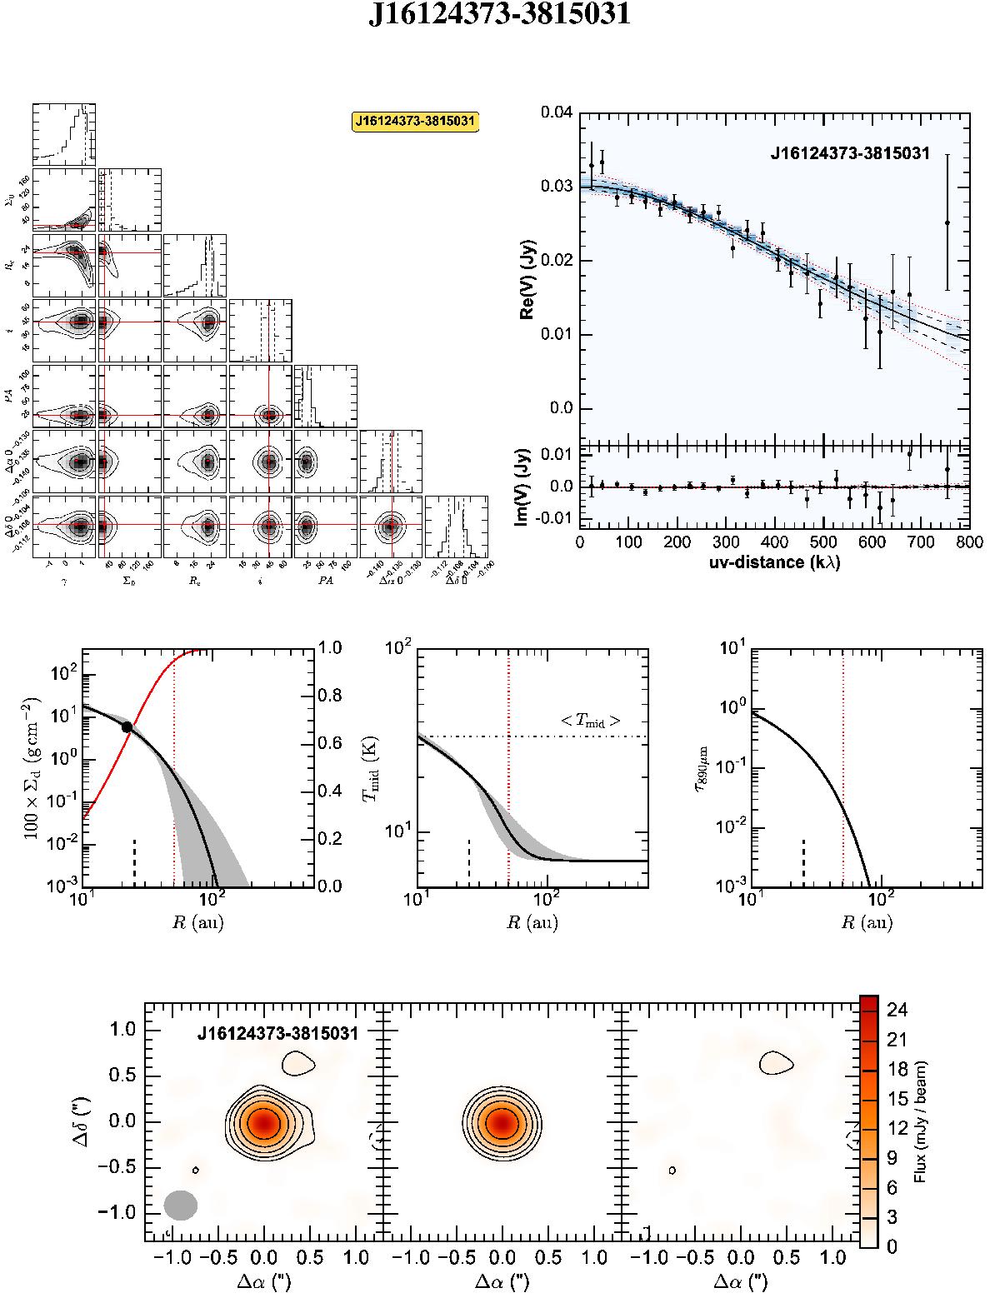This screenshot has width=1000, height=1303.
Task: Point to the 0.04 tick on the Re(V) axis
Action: click(555, 112)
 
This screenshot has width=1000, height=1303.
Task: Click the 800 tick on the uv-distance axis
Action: click(969, 542)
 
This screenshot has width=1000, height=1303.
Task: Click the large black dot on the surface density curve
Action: click(127, 727)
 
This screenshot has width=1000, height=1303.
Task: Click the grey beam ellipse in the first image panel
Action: click(180, 1205)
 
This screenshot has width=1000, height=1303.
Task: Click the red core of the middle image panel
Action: click(501, 1122)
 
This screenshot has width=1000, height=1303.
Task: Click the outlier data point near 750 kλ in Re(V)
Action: click(947, 222)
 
